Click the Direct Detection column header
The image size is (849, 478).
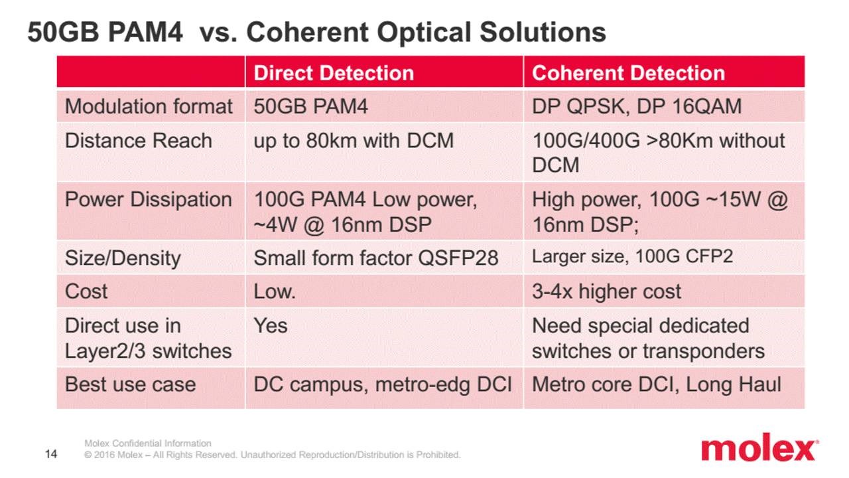pos(334,73)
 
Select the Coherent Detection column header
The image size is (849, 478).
pos(628,73)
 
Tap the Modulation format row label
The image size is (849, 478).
pos(149,107)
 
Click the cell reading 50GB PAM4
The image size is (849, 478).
pos(310,107)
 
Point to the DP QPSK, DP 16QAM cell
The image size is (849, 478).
pos(636,107)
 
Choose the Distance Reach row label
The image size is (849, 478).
pos(138,141)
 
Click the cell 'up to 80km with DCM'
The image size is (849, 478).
pos(354,141)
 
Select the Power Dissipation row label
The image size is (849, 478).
pos(148,200)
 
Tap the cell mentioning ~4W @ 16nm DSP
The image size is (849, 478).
pos(365,212)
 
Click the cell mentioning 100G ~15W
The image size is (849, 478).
pos(659,212)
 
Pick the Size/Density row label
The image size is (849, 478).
pos(122,258)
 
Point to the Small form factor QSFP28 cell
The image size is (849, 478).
pos(375,258)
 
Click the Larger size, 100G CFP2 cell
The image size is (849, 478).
pos(632,257)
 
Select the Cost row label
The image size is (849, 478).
pos(86,291)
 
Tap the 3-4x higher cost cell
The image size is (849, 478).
pos(606,291)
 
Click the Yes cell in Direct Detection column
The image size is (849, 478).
pos(271,326)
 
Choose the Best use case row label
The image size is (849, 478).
pos(130,384)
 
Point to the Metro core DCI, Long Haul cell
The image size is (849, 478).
pos(656,384)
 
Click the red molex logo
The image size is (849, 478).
pos(759,449)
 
